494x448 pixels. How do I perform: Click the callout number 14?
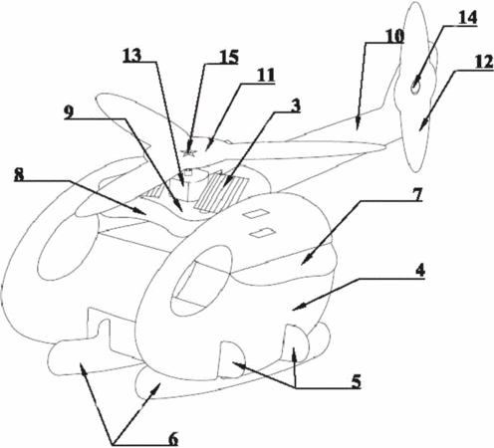[467, 18]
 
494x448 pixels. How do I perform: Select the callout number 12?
[483, 63]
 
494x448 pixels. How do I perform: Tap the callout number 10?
[394, 36]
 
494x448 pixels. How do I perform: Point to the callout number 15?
[229, 57]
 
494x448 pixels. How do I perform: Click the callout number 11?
[266, 76]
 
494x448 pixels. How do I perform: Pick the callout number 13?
[132, 56]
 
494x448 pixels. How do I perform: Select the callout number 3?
[295, 107]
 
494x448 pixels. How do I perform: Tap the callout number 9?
[69, 112]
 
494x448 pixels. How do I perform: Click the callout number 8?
[19, 174]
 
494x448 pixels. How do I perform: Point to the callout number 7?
[417, 194]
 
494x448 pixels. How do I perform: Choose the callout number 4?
[420, 271]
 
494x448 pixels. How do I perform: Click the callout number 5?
[356, 381]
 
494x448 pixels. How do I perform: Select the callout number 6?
[173, 438]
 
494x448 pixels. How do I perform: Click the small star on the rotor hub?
[189, 152]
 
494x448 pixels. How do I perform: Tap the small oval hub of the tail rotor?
[415, 87]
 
